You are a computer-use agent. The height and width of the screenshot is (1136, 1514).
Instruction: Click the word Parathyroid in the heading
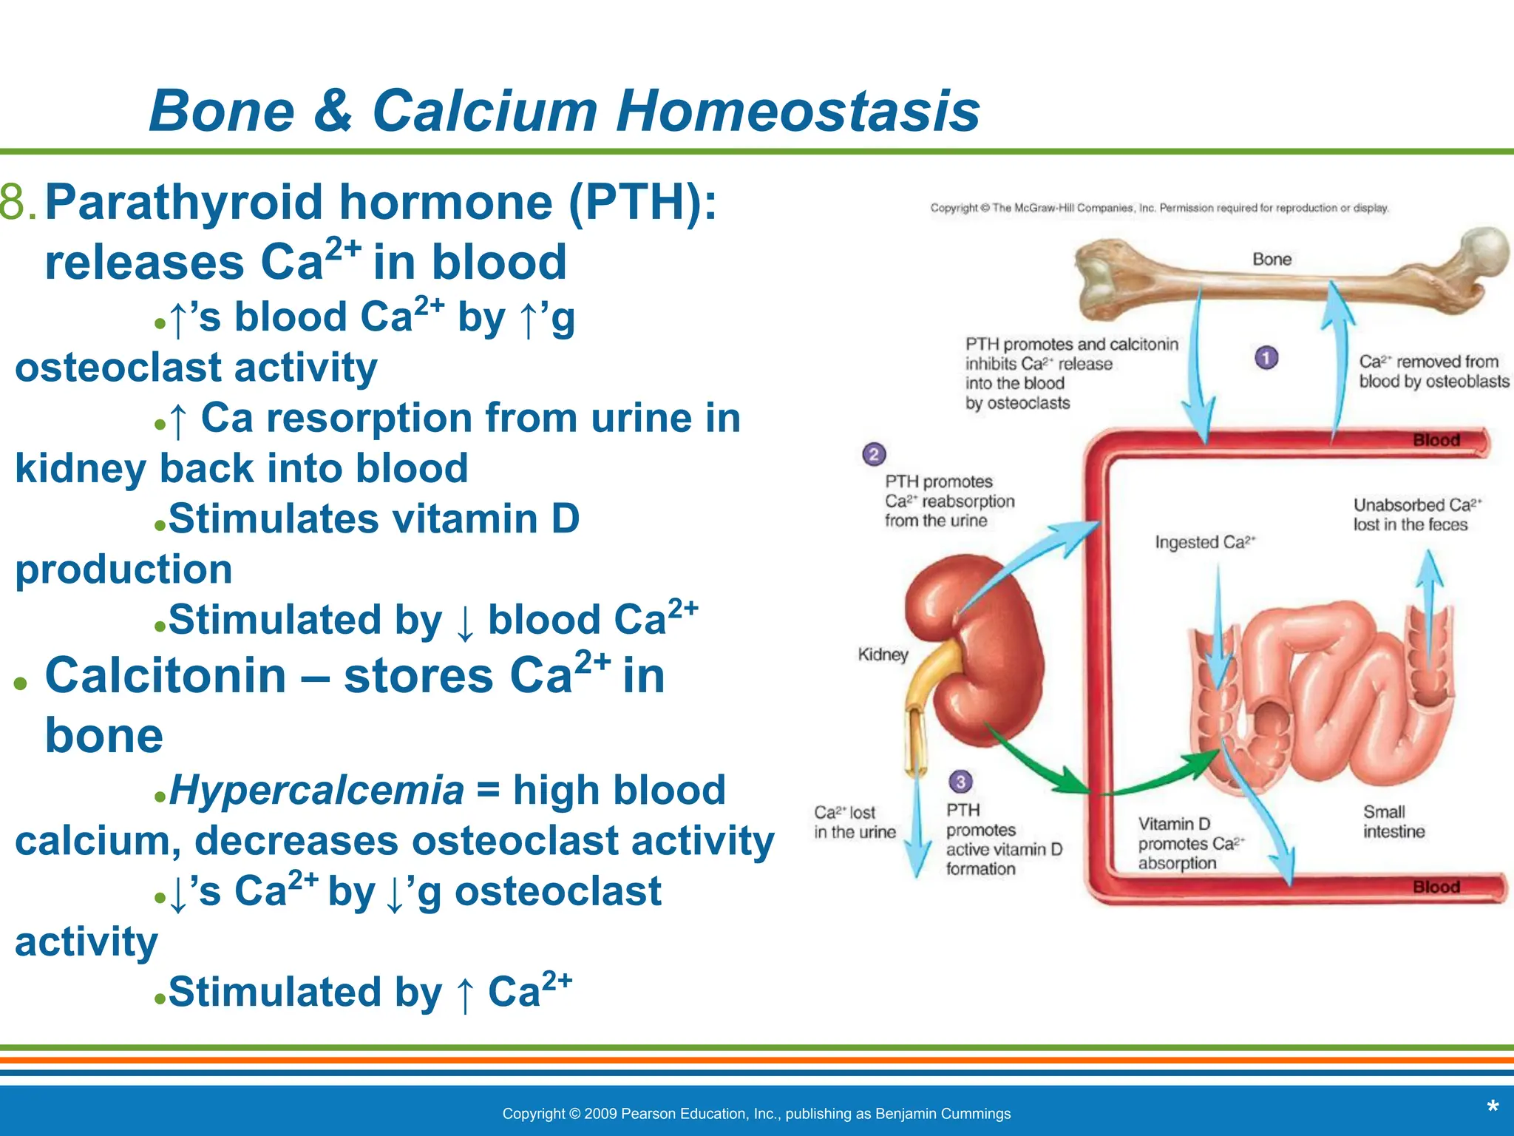click(x=184, y=202)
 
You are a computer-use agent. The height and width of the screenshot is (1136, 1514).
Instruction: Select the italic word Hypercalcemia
click(x=316, y=790)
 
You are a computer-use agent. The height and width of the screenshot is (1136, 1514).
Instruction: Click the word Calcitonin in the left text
click(x=166, y=675)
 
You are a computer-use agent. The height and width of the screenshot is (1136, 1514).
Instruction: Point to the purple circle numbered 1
click(x=1266, y=358)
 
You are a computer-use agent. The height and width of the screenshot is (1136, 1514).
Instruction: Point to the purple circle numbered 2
click(x=874, y=454)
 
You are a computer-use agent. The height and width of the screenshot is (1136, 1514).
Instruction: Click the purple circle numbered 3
click(x=960, y=782)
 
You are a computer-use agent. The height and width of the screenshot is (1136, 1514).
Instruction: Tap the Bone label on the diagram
click(x=1272, y=260)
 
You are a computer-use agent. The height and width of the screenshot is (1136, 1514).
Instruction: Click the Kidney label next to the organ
click(x=883, y=655)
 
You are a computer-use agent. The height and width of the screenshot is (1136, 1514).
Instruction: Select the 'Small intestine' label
click(x=1394, y=822)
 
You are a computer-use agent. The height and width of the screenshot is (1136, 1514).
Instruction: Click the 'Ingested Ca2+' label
click(x=1204, y=542)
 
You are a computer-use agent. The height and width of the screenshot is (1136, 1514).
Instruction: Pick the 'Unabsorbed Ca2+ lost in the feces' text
click(x=1416, y=515)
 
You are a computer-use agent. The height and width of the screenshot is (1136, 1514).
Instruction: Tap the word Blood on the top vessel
click(x=1436, y=440)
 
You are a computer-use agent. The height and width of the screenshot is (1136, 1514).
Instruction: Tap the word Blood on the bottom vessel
click(x=1436, y=887)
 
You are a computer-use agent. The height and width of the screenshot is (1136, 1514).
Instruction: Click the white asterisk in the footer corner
click(x=1493, y=1108)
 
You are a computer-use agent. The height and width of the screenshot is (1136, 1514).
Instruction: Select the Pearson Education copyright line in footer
click(x=756, y=1114)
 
